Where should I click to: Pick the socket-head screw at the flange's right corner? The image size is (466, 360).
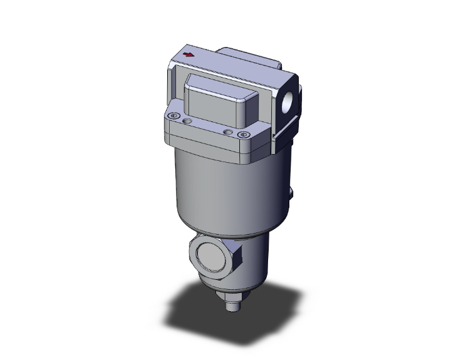pyautogui.click(x=243, y=135)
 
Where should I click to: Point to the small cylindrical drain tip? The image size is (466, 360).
pyautogui.click(x=232, y=306)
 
